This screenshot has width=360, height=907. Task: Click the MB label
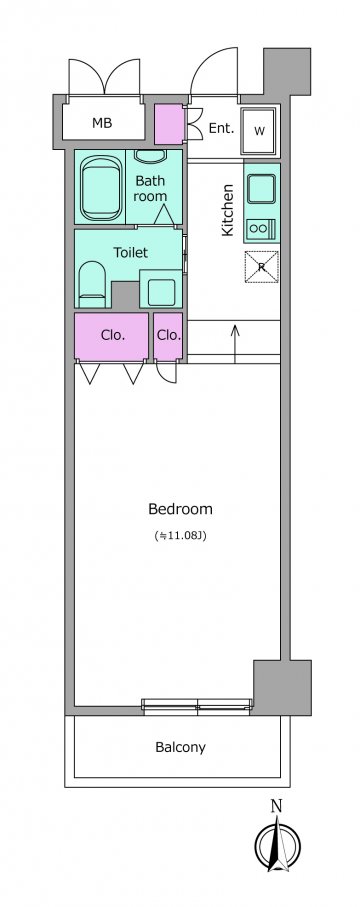click(102, 123)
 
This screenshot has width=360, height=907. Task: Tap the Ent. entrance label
click(221, 128)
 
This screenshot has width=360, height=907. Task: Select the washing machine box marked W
click(260, 130)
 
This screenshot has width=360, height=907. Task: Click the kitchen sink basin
click(262, 189)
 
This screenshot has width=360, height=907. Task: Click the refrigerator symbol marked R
click(262, 267)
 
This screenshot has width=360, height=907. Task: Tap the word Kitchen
click(228, 210)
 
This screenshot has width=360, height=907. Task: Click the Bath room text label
click(150, 188)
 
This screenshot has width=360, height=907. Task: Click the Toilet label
click(130, 253)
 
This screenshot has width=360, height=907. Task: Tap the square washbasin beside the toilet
click(161, 290)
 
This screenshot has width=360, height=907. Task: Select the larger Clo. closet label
click(113, 335)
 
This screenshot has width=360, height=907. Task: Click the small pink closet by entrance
click(169, 124)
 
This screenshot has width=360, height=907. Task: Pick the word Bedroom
click(181, 510)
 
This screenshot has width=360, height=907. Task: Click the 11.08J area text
click(181, 535)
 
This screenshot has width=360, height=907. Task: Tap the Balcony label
click(181, 747)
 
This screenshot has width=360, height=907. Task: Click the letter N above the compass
click(277, 805)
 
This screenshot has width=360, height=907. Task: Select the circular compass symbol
click(278, 844)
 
